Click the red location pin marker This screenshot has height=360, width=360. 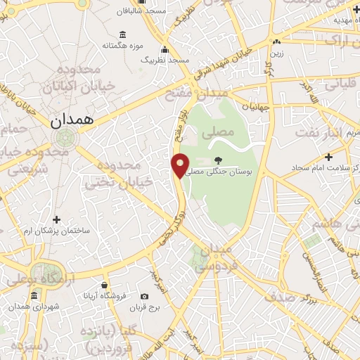click(x=180, y=165)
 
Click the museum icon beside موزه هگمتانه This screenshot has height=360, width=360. click(x=123, y=34)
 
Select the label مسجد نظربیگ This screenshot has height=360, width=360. click(x=165, y=60)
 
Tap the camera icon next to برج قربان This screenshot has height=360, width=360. click(x=145, y=297)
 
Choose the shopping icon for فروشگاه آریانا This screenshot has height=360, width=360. click(x=105, y=285)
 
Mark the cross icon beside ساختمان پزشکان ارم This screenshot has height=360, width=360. click(x=57, y=219)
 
